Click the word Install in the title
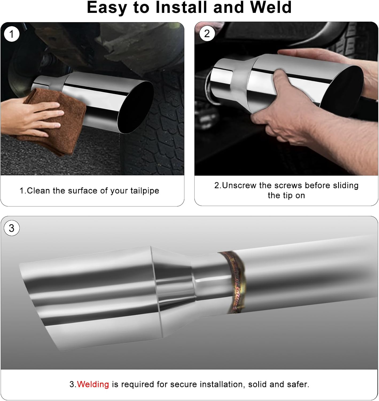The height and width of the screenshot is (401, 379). [x=181, y=7]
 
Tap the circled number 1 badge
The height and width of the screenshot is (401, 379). [x=11, y=34]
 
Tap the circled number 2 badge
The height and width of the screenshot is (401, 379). [x=207, y=34]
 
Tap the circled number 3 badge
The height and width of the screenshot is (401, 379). [x=11, y=228]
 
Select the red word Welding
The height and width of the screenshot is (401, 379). [x=93, y=384]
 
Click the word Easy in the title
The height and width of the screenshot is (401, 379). [x=107, y=7]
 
